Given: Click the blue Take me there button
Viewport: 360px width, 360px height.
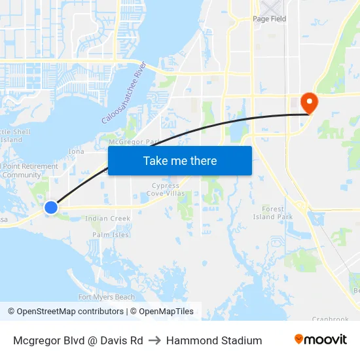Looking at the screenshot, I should coord(180,160).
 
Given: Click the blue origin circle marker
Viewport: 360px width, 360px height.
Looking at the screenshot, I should coord(50,207).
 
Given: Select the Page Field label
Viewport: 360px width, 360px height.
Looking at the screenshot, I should coord(270,19).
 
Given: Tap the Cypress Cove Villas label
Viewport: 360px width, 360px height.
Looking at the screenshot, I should coord(165,189).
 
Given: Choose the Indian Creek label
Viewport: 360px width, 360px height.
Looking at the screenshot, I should coord(108,219).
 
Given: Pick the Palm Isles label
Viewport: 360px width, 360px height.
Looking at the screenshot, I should coord(111,234).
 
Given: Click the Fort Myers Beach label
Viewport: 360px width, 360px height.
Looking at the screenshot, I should coord(107,297).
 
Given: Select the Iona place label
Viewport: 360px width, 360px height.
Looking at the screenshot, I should coord(77,151).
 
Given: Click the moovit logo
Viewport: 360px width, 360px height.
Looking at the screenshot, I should coord(321,340).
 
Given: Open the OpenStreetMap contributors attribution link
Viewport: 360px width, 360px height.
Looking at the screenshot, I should coord(70,312).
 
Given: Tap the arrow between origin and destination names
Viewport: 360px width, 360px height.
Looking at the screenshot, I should coord(154,340).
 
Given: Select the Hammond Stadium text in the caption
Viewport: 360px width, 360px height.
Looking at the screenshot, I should coord(214,340).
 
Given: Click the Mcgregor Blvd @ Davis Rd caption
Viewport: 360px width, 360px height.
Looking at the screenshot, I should coord(78,340).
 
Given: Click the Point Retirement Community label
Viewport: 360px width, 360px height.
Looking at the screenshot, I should coord(29,170).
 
